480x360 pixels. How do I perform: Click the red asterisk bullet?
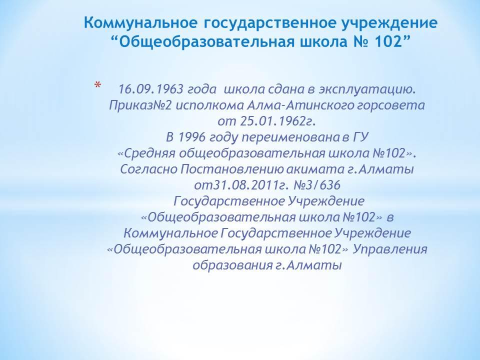[97, 85]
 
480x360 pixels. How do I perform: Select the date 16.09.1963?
[150, 89]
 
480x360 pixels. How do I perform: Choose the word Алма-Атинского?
[301, 105]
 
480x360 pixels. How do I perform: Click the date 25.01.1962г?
[277, 121]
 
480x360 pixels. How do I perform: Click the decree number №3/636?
[317, 185]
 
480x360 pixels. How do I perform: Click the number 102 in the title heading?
[388, 41]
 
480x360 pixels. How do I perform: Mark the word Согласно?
[149, 169]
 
